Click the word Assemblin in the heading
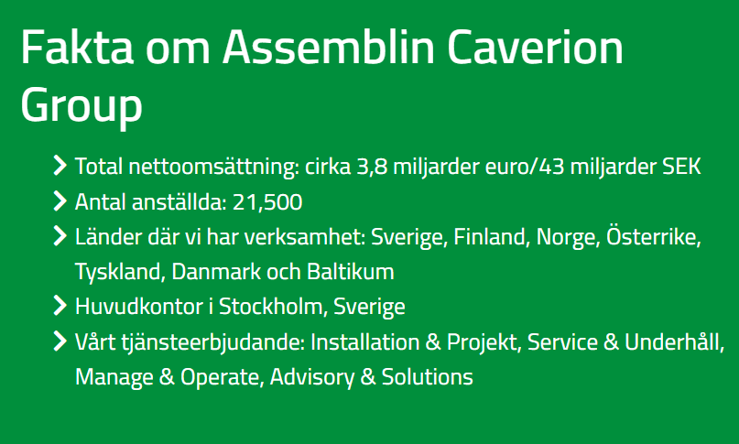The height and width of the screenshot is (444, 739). pyautogui.click(x=329, y=47)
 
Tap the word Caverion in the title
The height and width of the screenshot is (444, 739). pyautogui.click(x=535, y=47)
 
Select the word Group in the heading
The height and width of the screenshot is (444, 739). pyautogui.click(x=82, y=106)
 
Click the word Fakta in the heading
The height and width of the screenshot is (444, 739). pyautogui.click(x=77, y=47)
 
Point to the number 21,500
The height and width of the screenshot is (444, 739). pyautogui.click(x=267, y=202)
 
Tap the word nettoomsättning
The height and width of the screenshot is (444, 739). pyautogui.click(x=213, y=168)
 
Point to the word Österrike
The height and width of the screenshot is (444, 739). pyautogui.click(x=654, y=236)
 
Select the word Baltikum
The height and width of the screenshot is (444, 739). pyautogui.click(x=350, y=272)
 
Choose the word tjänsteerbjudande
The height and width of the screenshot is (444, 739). pyautogui.click(x=213, y=342)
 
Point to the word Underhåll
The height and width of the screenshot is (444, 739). pyautogui.click(x=674, y=341)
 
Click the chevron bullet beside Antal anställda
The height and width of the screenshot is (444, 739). pyautogui.click(x=60, y=201)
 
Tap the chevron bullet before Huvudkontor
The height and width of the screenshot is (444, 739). pyautogui.click(x=60, y=306)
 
